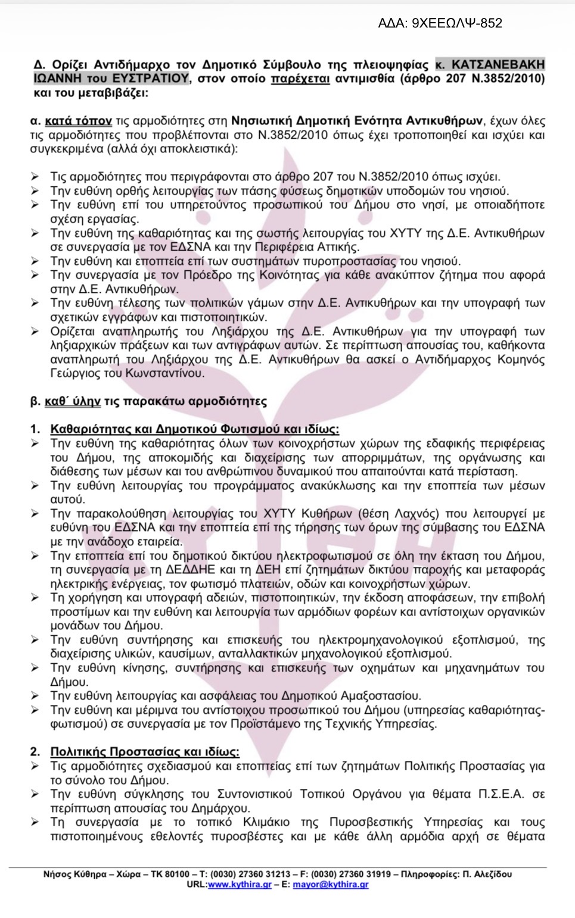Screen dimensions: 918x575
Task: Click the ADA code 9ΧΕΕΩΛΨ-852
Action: coord(457,23)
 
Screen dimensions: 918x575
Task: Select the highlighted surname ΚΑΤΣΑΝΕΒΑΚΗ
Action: coord(497,64)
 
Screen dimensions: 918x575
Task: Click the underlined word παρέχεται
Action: coord(300,79)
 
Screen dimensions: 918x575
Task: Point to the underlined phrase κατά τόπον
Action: coord(78,121)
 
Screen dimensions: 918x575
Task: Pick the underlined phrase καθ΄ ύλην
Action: coord(73,401)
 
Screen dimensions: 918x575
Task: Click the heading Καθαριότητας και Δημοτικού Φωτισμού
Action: coord(194,429)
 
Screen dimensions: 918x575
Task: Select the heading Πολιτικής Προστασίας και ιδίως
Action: coord(144,751)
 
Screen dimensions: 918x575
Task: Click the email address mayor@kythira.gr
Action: coord(331,885)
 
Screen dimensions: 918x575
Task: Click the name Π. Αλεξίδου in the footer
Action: coord(486,874)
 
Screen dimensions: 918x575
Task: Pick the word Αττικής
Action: coord(338,247)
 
